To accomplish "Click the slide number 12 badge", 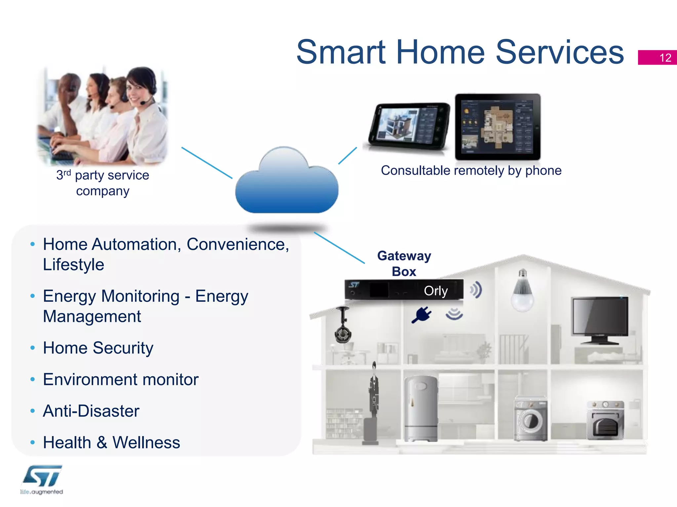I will click(657, 57).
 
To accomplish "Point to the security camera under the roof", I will click(343, 327).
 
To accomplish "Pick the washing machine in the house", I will click(531, 419).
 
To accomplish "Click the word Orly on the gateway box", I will click(436, 291).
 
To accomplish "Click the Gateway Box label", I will click(404, 263).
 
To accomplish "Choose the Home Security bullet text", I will click(98, 348).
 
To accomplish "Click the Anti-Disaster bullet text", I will click(91, 411).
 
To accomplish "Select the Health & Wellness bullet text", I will click(111, 443).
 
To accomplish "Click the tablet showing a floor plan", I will click(498, 127).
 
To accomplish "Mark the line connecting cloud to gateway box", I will click(339, 248).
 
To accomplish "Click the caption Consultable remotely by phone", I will click(471, 171).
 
